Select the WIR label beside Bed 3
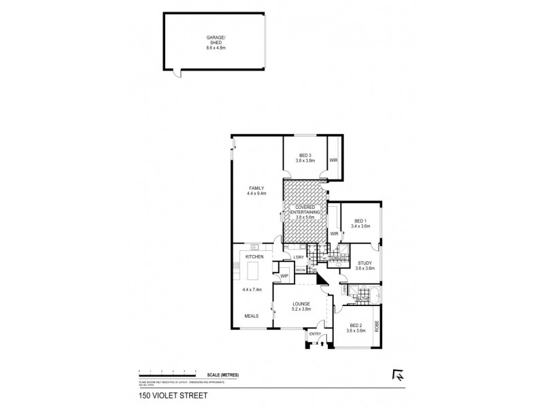[333, 160]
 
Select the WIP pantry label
[284, 276]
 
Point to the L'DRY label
[298, 256]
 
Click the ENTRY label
[315, 334]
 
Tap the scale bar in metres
[167, 372]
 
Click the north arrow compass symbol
[397, 373]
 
